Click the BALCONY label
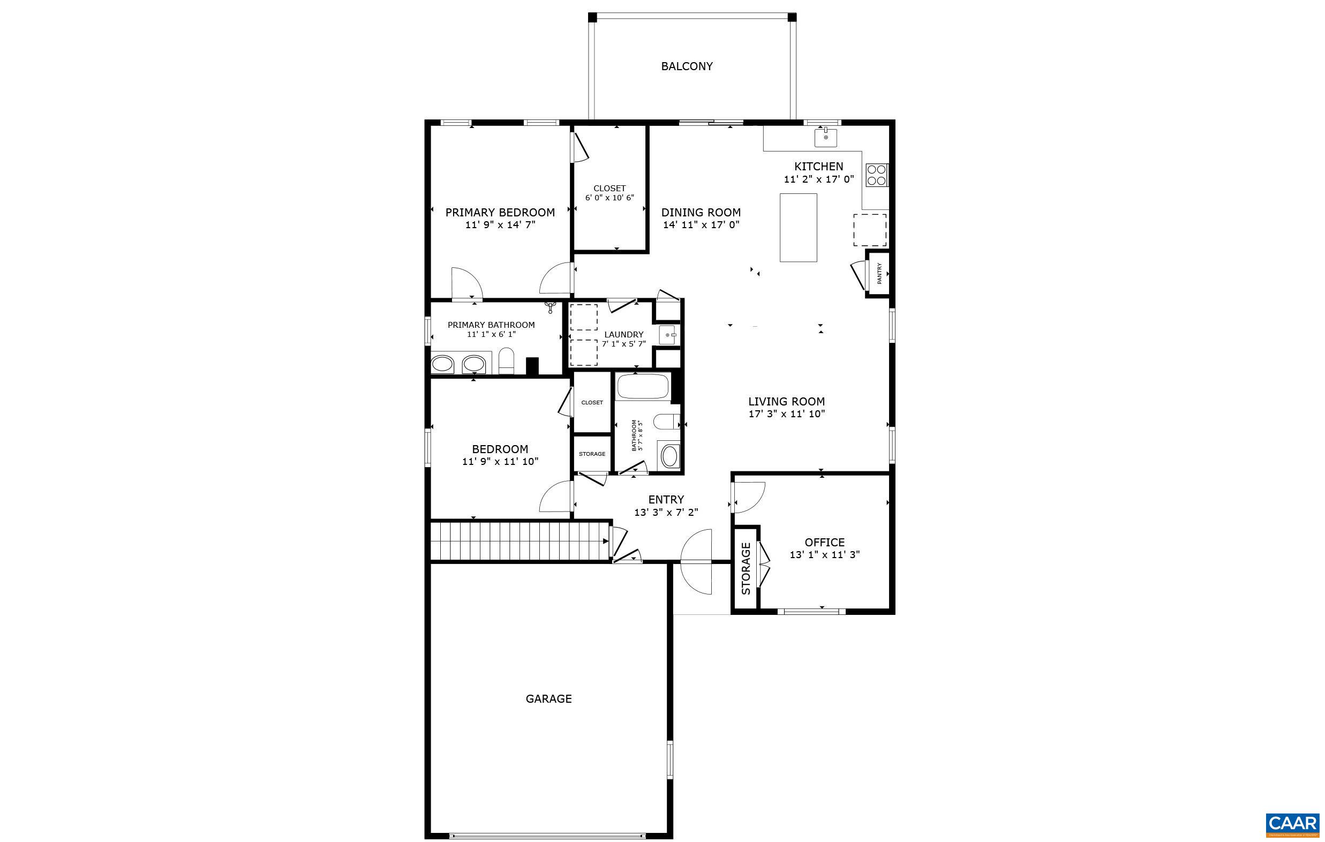(x=687, y=66)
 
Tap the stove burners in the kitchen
(x=877, y=175)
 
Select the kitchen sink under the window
(x=825, y=138)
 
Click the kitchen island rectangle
(x=798, y=227)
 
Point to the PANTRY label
(x=879, y=274)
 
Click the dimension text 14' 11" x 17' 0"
(x=701, y=224)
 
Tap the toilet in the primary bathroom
(x=506, y=361)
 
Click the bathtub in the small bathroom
(x=642, y=386)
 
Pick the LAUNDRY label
(x=623, y=334)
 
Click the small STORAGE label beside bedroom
(x=591, y=454)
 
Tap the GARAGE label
(x=548, y=698)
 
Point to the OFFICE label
(x=824, y=542)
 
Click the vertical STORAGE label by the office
(x=746, y=568)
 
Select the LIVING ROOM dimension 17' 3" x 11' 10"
(x=786, y=414)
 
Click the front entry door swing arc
(x=696, y=561)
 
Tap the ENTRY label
(x=666, y=499)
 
